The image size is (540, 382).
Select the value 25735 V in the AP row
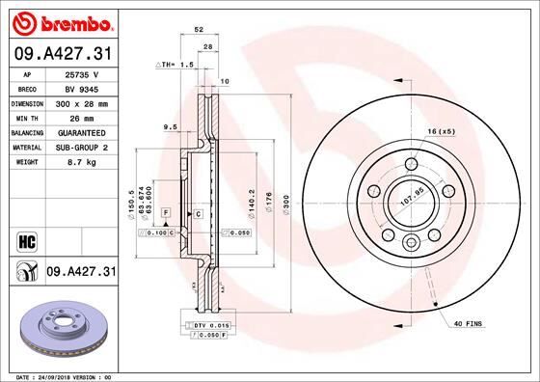tap(83, 75)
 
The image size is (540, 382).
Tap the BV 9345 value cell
tap(83, 88)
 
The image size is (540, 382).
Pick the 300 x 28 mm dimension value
tap(83, 102)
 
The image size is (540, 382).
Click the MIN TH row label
tap(25, 117)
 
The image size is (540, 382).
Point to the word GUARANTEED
tap(83, 131)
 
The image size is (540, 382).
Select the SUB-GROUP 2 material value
tap(83, 147)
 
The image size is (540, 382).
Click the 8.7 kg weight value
tap(83, 164)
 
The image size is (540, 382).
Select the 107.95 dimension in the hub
tap(412, 203)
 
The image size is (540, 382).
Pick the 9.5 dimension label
tap(170, 125)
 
